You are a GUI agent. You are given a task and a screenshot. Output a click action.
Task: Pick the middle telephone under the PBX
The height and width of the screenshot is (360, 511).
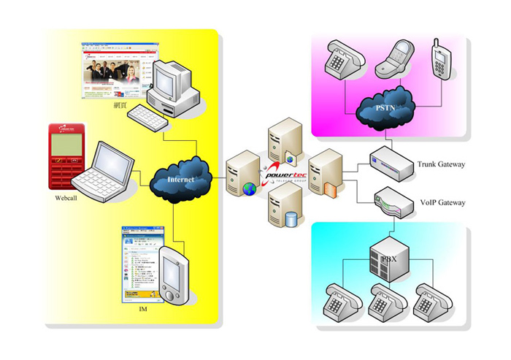387,300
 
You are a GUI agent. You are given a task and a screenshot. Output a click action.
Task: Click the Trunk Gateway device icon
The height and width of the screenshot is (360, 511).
394,161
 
